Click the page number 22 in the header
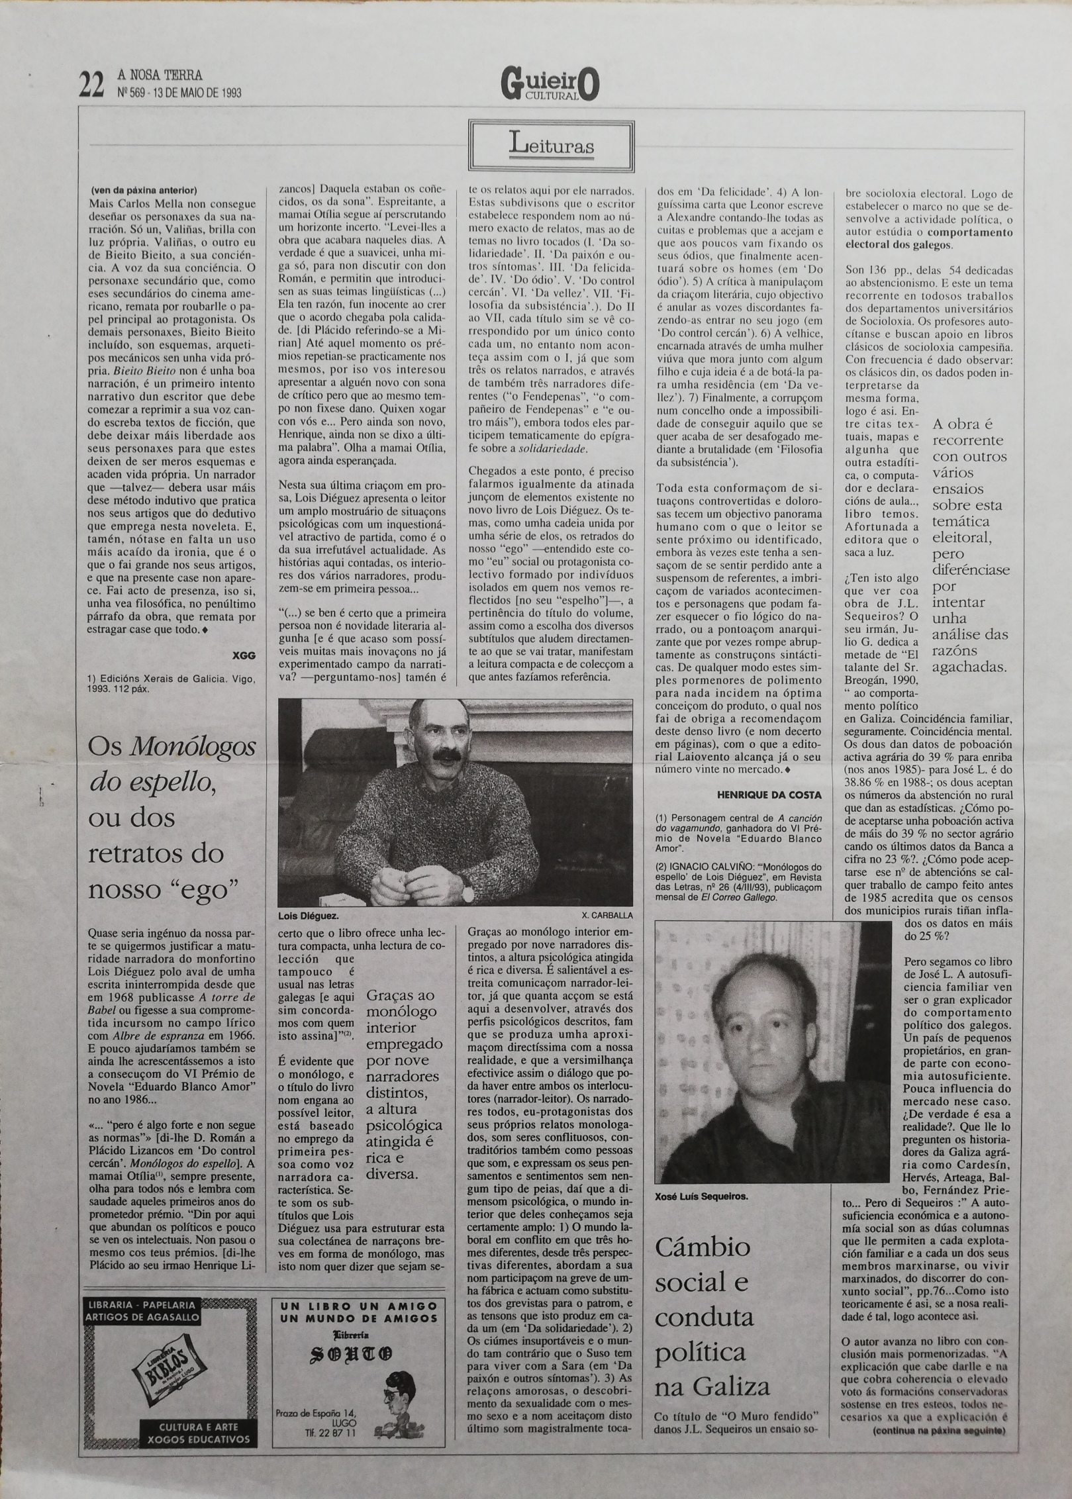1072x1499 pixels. click(x=92, y=86)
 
